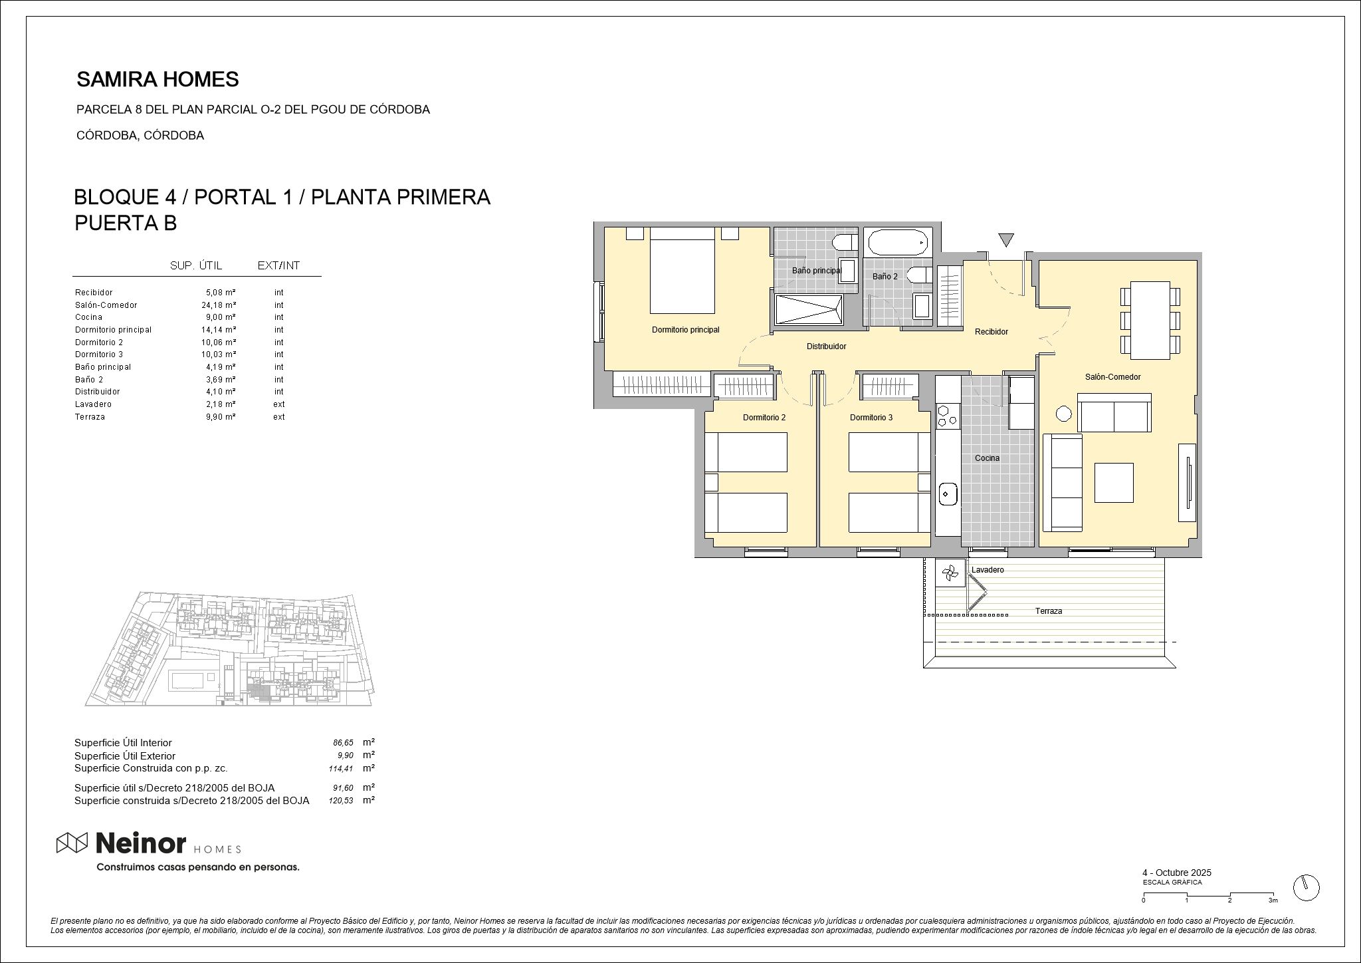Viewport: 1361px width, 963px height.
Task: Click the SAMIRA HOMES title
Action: pos(157,80)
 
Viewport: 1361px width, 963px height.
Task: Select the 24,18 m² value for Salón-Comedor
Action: pos(219,305)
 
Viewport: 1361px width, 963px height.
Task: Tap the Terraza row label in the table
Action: pos(90,417)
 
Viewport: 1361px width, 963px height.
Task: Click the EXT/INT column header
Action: pos(278,266)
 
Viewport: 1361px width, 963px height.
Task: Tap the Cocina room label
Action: pos(987,458)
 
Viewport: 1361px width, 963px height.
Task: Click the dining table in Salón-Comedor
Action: pos(1150,320)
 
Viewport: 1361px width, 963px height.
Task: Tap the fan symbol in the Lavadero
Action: pos(950,573)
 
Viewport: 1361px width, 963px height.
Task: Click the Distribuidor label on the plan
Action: pos(826,346)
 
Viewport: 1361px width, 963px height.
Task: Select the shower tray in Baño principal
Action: pos(809,310)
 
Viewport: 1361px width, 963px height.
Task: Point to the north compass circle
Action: pos(1307,887)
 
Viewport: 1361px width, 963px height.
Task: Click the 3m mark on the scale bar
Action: pos(1273,900)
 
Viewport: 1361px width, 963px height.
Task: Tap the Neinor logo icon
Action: pos(72,843)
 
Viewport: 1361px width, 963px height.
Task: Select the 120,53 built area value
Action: pos(341,801)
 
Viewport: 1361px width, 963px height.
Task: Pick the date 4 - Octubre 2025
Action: pos(1176,873)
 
